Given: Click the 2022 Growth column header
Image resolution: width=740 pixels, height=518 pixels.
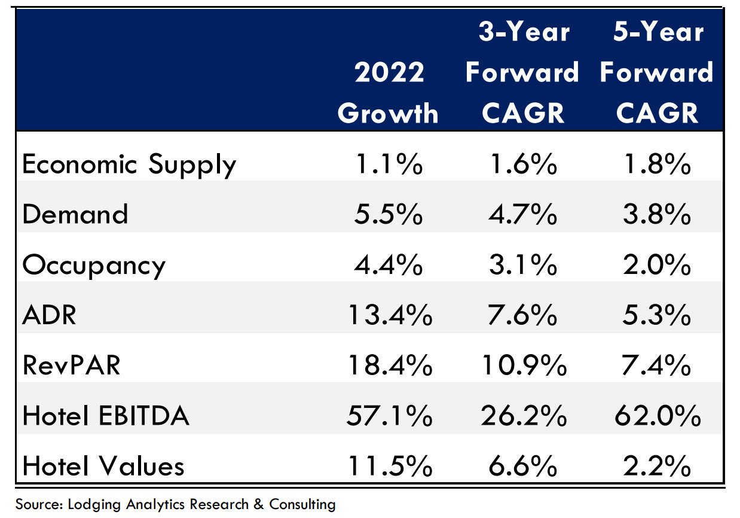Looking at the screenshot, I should click(x=389, y=93).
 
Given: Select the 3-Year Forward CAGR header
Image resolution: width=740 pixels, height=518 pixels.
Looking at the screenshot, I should click(x=522, y=72).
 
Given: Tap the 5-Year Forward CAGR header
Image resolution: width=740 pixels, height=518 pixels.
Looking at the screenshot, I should click(x=656, y=72).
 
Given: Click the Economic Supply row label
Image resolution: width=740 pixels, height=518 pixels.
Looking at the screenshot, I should click(x=129, y=164).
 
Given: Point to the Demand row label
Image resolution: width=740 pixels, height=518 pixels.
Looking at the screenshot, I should click(x=75, y=214).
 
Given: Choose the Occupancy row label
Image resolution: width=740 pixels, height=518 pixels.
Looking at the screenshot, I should click(x=93, y=266).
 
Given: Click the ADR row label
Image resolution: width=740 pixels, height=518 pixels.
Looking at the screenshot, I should click(x=50, y=315).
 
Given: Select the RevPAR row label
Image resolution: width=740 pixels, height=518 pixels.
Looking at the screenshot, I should click(x=72, y=365).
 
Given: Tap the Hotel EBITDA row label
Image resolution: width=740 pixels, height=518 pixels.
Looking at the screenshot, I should click(x=106, y=416).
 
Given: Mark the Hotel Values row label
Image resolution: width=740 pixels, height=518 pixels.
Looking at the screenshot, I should click(x=103, y=466).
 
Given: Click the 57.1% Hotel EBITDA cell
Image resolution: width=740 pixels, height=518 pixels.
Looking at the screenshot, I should click(x=389, y=416).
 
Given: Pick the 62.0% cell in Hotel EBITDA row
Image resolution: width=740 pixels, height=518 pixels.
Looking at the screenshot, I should click(x=657, y=416).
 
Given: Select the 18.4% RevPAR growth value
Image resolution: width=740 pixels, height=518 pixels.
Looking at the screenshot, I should click(x=389, y=365).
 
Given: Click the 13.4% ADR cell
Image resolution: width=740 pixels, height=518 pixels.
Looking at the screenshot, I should click(x=389, y=315).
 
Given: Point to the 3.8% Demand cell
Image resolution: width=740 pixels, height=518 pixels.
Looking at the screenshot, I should click(x=657, y=214).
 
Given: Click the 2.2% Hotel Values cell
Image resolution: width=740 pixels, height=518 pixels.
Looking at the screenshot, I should click(x=657, y=466).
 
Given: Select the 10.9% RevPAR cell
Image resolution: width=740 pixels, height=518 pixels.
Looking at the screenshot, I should click(x=523, y=365).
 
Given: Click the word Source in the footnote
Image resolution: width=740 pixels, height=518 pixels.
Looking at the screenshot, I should click(x=35, y=504).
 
